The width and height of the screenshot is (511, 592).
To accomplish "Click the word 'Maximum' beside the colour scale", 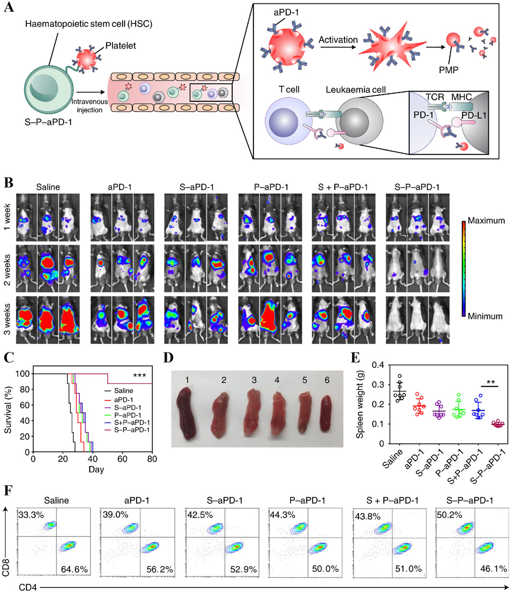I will coord(484,224).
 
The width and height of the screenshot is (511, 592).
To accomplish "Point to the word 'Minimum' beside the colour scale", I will coord(484,316).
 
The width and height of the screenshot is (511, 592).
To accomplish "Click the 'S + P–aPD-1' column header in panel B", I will coord(336,185).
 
